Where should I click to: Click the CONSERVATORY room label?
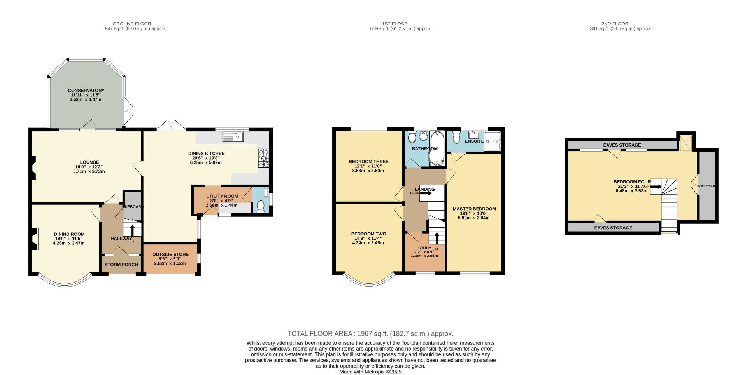86,91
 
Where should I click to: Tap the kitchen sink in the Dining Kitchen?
233,136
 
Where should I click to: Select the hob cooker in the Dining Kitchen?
263,159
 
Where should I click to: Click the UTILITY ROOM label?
222,196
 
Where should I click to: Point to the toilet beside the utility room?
261,206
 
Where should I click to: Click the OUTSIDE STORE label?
170,255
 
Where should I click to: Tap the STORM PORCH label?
121,265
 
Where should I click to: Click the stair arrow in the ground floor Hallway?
132,229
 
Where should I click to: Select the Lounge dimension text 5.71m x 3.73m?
89,171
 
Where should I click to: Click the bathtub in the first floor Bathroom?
436,148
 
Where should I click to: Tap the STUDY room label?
424,248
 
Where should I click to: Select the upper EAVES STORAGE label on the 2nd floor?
622,145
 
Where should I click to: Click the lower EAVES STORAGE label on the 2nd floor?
613,228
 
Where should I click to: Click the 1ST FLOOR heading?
400,24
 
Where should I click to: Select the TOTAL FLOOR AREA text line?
370,333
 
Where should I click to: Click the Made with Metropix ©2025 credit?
370,372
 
